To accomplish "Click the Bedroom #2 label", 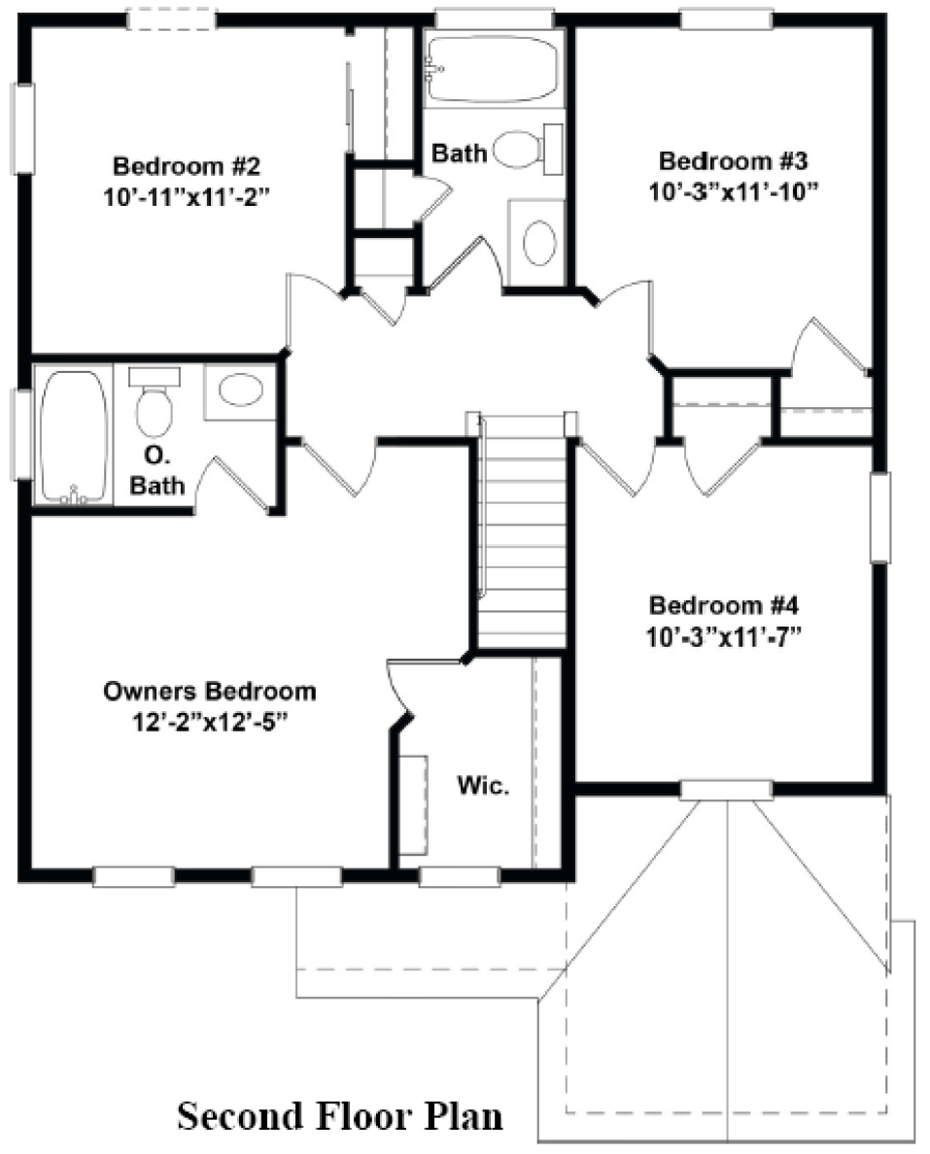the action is [x=187, y=165].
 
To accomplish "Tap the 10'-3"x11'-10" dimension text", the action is [x=734, y=191].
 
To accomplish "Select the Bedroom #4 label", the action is [x=724, y=605].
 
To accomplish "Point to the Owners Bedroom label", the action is [x=210, y=691].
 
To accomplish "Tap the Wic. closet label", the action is [x=483, y=785].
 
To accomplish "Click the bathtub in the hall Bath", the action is [x=493, y=68].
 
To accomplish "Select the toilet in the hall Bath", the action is [x=528, y=149].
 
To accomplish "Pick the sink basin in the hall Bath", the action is [x=539, y=243].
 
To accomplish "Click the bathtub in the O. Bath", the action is [x=73, y=437].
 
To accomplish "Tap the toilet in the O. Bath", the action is [x=155, y=401].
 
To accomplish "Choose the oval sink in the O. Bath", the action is [x=241, y=390].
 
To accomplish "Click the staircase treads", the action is [x=522, y=531].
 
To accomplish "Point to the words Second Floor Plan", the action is [x=340, y=1116].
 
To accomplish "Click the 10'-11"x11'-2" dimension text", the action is [x=187, y=197].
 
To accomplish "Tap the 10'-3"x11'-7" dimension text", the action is [x=724, y=636].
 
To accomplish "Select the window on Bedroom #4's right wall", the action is [x=879, y=518].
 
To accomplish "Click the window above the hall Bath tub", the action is [x=494, y=19].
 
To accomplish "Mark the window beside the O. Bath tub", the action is [x=22, y=435].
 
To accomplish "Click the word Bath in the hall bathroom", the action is [x=460, y=153].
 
